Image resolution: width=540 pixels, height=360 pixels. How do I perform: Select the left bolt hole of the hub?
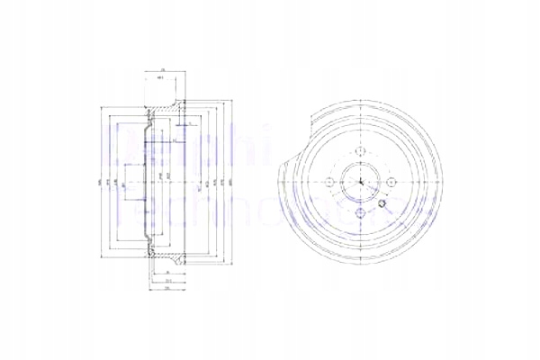tap(328, 183)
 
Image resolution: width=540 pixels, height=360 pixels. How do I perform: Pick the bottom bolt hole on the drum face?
tap(359, 212)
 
